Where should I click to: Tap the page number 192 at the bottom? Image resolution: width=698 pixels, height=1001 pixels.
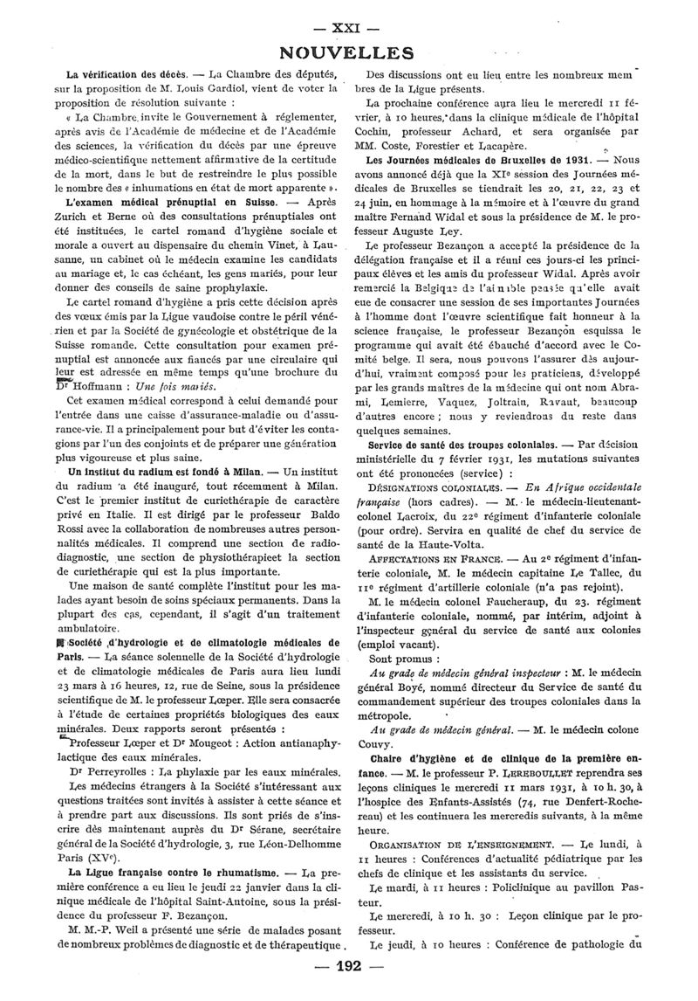(x=348, y=966)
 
